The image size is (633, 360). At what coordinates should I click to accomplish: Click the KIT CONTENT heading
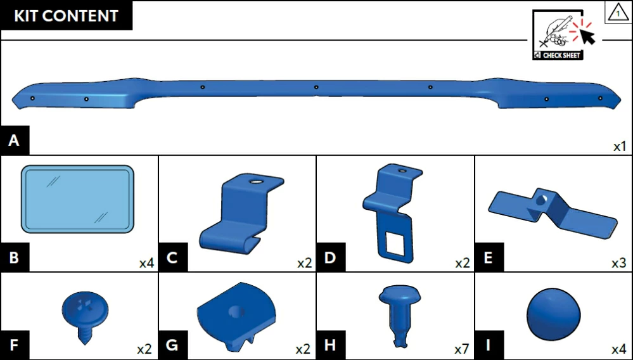[x=66, y=16]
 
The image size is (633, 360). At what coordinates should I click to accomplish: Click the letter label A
[x=14, y=141]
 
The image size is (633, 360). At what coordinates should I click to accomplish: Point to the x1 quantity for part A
[x=620, y=146]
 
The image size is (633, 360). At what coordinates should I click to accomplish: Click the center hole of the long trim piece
[x=316, y=87]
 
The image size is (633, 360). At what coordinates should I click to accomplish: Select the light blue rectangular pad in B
[x=77, y=199]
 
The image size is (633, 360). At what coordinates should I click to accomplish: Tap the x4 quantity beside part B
[x=146, y=264]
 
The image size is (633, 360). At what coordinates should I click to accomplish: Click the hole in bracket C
[x=255, y=182]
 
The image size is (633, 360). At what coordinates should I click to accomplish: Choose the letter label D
[x=330, y=257]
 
